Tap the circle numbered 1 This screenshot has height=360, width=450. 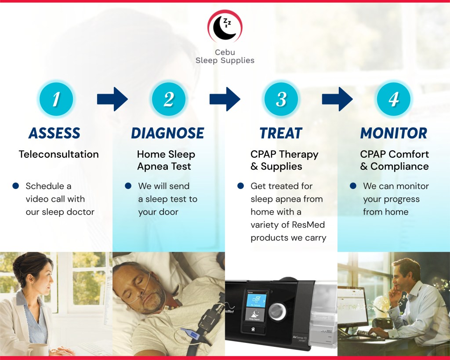pyautogui.click(x=56, y=99)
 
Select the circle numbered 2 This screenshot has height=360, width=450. pyautogui.click(x=169, y=99)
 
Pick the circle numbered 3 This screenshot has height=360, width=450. pyautogui.click(x=281, y=99)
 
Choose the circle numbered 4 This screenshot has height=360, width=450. pyautogui.click(x=393, y=99)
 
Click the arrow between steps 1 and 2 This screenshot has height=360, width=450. pyautogui.click(x=112, y=99)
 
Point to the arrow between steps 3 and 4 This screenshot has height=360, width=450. pyautogui.click(x=337, y=99)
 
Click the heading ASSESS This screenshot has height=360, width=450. pyautogui.click(x=54, y=133)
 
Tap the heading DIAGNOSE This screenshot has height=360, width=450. pyautogui.click(x=167, y=133)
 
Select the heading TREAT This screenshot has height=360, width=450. pyautogui.click(x=281, y=133)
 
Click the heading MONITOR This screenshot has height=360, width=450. pyautogui.click(x=394, y=133)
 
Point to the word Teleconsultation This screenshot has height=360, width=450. pyautogui.click(x=59, y=154)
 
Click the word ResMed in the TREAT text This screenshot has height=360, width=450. pyautogui.click(x=308, y=225)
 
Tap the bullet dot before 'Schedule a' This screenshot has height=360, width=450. pyautogui.click(x=16, y=186)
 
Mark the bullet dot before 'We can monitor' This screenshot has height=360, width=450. pyautogui.click(x=353, y=186)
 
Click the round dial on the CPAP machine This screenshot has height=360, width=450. pyautogui.click(x=277, y=311)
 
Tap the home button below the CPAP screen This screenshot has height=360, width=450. pyautogui.click(x=253, y=329)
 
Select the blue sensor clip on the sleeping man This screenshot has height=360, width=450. pyautogui.click(x=189, y=333)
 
